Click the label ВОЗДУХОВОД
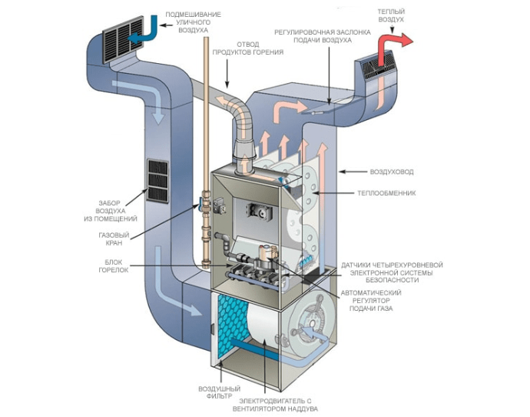[x=373, y=172]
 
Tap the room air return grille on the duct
[x=156, y=180]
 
